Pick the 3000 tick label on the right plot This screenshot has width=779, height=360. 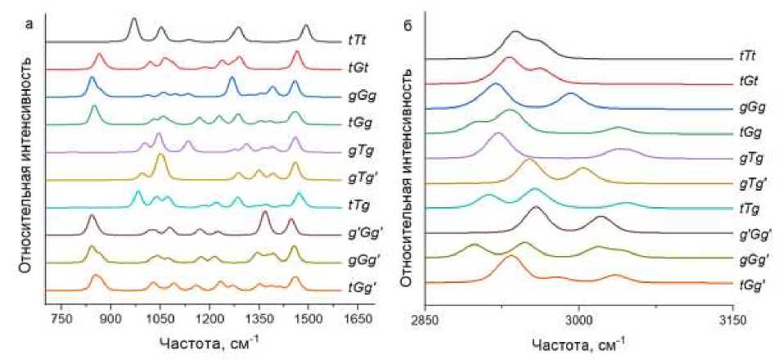click(x=579, y=319)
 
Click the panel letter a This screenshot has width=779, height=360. click(x=29, y=24)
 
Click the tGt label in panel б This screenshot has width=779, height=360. click(x=745, y=83)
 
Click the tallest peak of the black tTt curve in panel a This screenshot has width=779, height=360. click(x=134, y=19)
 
